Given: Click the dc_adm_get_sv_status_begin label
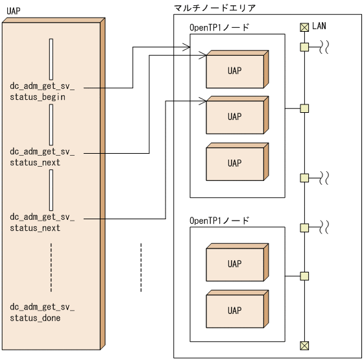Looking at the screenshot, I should (x=42, y=91).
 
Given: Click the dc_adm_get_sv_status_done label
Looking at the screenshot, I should (x=42, y=312).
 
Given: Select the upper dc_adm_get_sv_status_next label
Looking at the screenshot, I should (x=42, y=157).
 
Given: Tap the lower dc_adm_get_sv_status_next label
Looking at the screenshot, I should (x=42, y=222).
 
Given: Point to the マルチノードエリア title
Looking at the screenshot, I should (x=215, y=8).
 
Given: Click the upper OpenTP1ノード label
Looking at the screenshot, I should (x=219, y=27).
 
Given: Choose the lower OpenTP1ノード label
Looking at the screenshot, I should (x=219, y=221).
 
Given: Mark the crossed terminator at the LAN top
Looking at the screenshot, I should (x=304, y=27).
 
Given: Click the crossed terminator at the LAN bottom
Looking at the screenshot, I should (x=304, y=344).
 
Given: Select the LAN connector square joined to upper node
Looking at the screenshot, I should (x=304, y=108).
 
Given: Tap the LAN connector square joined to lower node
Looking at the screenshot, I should (x=304, y=276).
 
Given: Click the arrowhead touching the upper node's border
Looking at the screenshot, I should (x=186, y=47).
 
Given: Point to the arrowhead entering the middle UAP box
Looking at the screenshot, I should (x=203, y=100).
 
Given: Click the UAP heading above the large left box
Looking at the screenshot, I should (x=12, y=12).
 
